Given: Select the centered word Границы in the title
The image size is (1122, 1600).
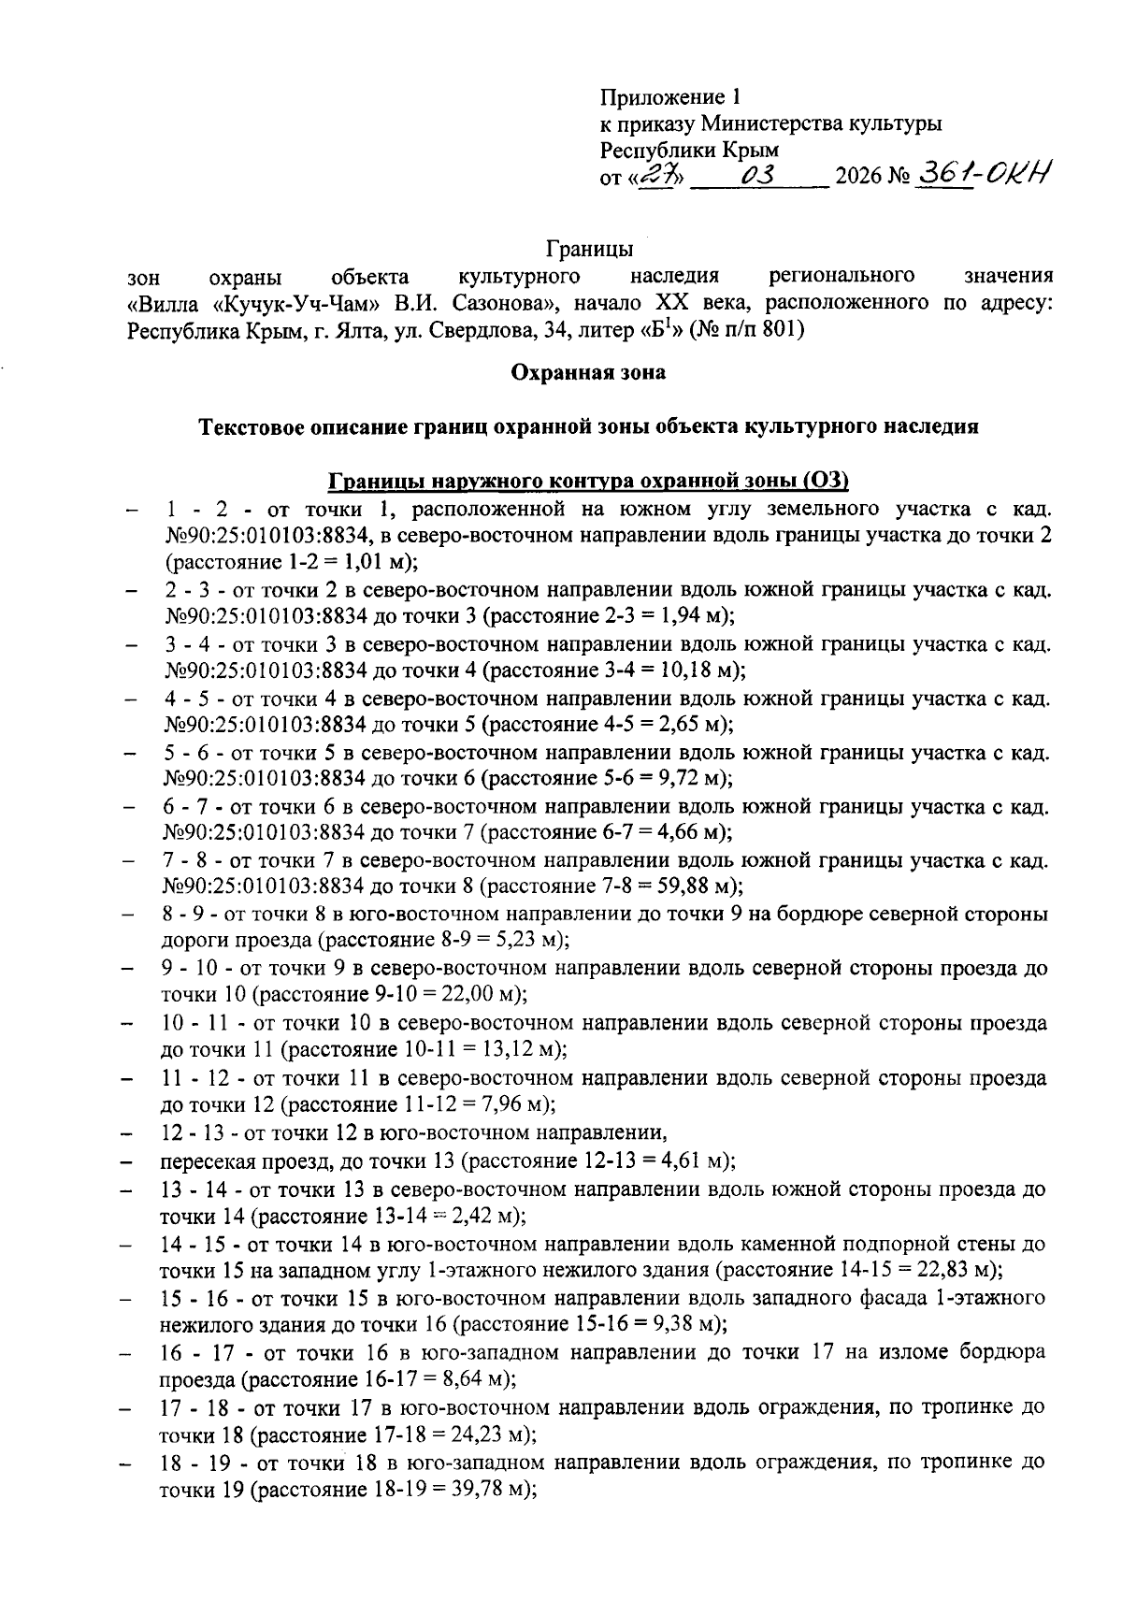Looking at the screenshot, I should (x=589, y=250).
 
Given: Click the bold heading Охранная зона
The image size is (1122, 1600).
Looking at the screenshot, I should (x=588, y=372).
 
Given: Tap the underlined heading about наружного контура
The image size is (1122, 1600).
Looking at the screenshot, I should (x=587, y=481).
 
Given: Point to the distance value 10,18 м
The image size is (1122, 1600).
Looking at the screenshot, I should (x=698, y=670).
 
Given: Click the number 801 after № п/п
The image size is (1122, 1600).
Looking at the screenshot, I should (x=780, y=329).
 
